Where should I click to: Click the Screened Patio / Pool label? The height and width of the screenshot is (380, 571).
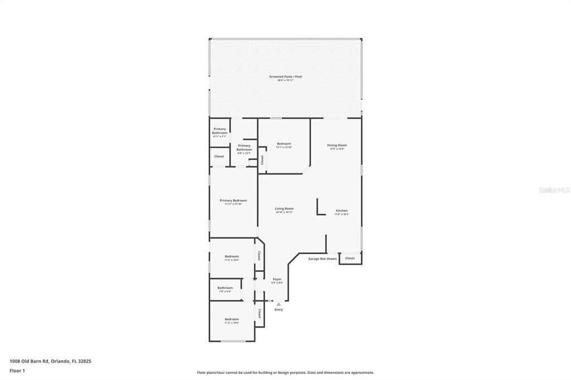coord(285,76)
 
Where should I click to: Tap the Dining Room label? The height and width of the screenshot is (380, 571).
coord(337,145)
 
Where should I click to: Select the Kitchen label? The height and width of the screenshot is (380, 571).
coord(341,211)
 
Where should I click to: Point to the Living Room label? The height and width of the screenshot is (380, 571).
coord(284,208)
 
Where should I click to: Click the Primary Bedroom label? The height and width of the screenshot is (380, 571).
coord(233,201)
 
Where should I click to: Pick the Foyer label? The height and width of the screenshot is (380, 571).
coord(277,279)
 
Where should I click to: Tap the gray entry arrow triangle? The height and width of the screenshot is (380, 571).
coord(278,304)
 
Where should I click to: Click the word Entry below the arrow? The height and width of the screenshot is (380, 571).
coord(278,310)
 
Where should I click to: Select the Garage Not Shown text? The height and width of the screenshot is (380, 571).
coord(322,259)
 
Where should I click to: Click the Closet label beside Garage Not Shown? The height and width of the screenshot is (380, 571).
coord(350,259)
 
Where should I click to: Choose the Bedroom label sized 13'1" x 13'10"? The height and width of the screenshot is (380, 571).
coord(284,144)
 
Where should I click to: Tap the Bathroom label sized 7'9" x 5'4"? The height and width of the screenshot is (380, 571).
coord(225,288)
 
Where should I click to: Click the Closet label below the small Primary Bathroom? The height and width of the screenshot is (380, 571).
coord(219,157)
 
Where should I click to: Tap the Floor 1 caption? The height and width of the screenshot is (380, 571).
coord(17,371)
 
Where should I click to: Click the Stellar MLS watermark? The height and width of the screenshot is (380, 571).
coord(554,190)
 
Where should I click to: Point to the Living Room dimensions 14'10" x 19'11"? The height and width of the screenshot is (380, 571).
coord(284,212)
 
